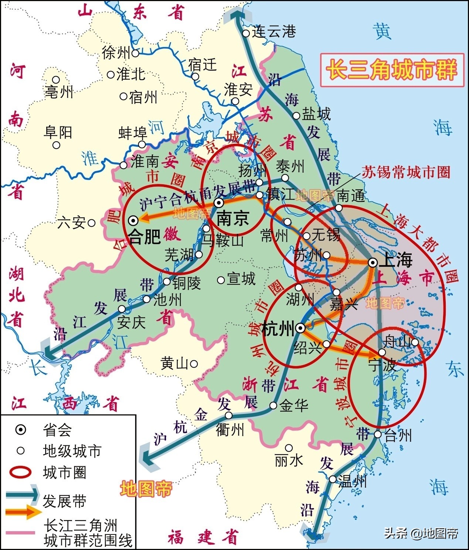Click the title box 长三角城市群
[x=392, y=70]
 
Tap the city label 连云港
[x=274, y=32]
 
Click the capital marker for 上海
[x=373, y=262]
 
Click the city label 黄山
[x=174, y=364]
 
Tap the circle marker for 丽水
[x=289, y=448]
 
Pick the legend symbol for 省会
[x=21, y=430]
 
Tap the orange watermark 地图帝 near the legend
[x=146, y=489]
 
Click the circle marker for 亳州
[x=56, y=79]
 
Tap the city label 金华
[x=294, y=405]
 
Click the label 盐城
[x=316, y=114]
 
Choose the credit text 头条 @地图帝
[x=421, y=533]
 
